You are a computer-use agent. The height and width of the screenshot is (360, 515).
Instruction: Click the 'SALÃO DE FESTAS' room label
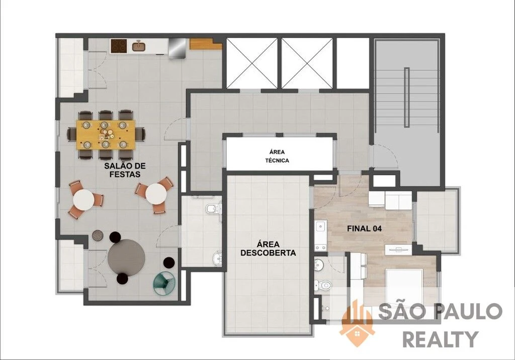click(x=125, y=170)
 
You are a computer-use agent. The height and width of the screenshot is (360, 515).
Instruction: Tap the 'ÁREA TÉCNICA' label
click(x=277, y=156)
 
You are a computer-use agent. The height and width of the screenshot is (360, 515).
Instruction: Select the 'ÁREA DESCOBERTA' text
click(x=268, y=248)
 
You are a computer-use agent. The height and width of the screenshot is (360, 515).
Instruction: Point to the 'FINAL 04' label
click(x=364, y=229)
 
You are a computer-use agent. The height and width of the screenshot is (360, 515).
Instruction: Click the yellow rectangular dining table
click(x=106, y=135)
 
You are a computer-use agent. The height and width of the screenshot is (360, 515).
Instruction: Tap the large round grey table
click(x=126, y=258)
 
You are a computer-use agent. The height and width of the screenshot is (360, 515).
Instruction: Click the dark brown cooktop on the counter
click(x=119, y=46)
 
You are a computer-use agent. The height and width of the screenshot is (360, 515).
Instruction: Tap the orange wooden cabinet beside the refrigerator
click(x=206, y=44)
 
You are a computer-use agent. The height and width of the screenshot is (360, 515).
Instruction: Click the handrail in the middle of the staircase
click(x=406, y=97)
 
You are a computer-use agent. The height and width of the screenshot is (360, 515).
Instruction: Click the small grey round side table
click(x=98, y=235)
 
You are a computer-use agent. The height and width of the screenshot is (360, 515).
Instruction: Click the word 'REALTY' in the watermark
click(x=441, y=339)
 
